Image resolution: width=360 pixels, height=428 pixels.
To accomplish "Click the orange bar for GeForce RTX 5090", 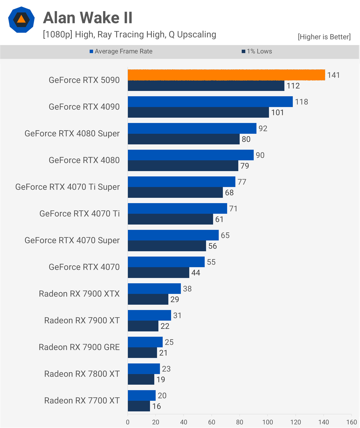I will (226, 75).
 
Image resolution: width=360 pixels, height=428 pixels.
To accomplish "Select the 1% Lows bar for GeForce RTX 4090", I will (198, 112).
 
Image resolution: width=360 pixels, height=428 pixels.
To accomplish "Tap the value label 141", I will (333, 75).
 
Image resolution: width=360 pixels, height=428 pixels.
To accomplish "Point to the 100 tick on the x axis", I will (268, 422).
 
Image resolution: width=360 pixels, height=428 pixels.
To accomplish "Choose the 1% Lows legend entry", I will (257, 51).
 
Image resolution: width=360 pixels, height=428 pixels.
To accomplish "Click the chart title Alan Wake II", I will (88, 18).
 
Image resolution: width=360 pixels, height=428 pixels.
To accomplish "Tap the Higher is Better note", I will (324, 37).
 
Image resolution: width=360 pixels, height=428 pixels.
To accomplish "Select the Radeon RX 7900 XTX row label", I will (79, 294).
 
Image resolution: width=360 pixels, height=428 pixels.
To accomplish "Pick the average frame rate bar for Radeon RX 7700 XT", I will (142, 395).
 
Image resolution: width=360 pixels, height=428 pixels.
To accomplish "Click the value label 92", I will (263, 128).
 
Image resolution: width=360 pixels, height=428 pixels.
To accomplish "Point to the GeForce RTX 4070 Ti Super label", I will (67, 187).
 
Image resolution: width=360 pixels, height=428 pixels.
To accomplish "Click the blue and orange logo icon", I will (21, 20).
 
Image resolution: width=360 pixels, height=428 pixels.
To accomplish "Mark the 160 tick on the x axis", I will (351, 422).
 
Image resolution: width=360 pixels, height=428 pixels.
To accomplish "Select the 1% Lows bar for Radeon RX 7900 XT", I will (143, 326).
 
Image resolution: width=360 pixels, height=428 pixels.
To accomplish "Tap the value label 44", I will (196, 273).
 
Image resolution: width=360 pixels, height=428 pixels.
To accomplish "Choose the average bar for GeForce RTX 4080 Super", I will (192, 128).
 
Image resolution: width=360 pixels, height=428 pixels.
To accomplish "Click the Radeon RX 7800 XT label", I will (82, 374).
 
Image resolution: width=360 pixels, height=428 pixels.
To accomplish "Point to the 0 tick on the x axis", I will (128, 422).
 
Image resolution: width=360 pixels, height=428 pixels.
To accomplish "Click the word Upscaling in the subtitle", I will (197, 35).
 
